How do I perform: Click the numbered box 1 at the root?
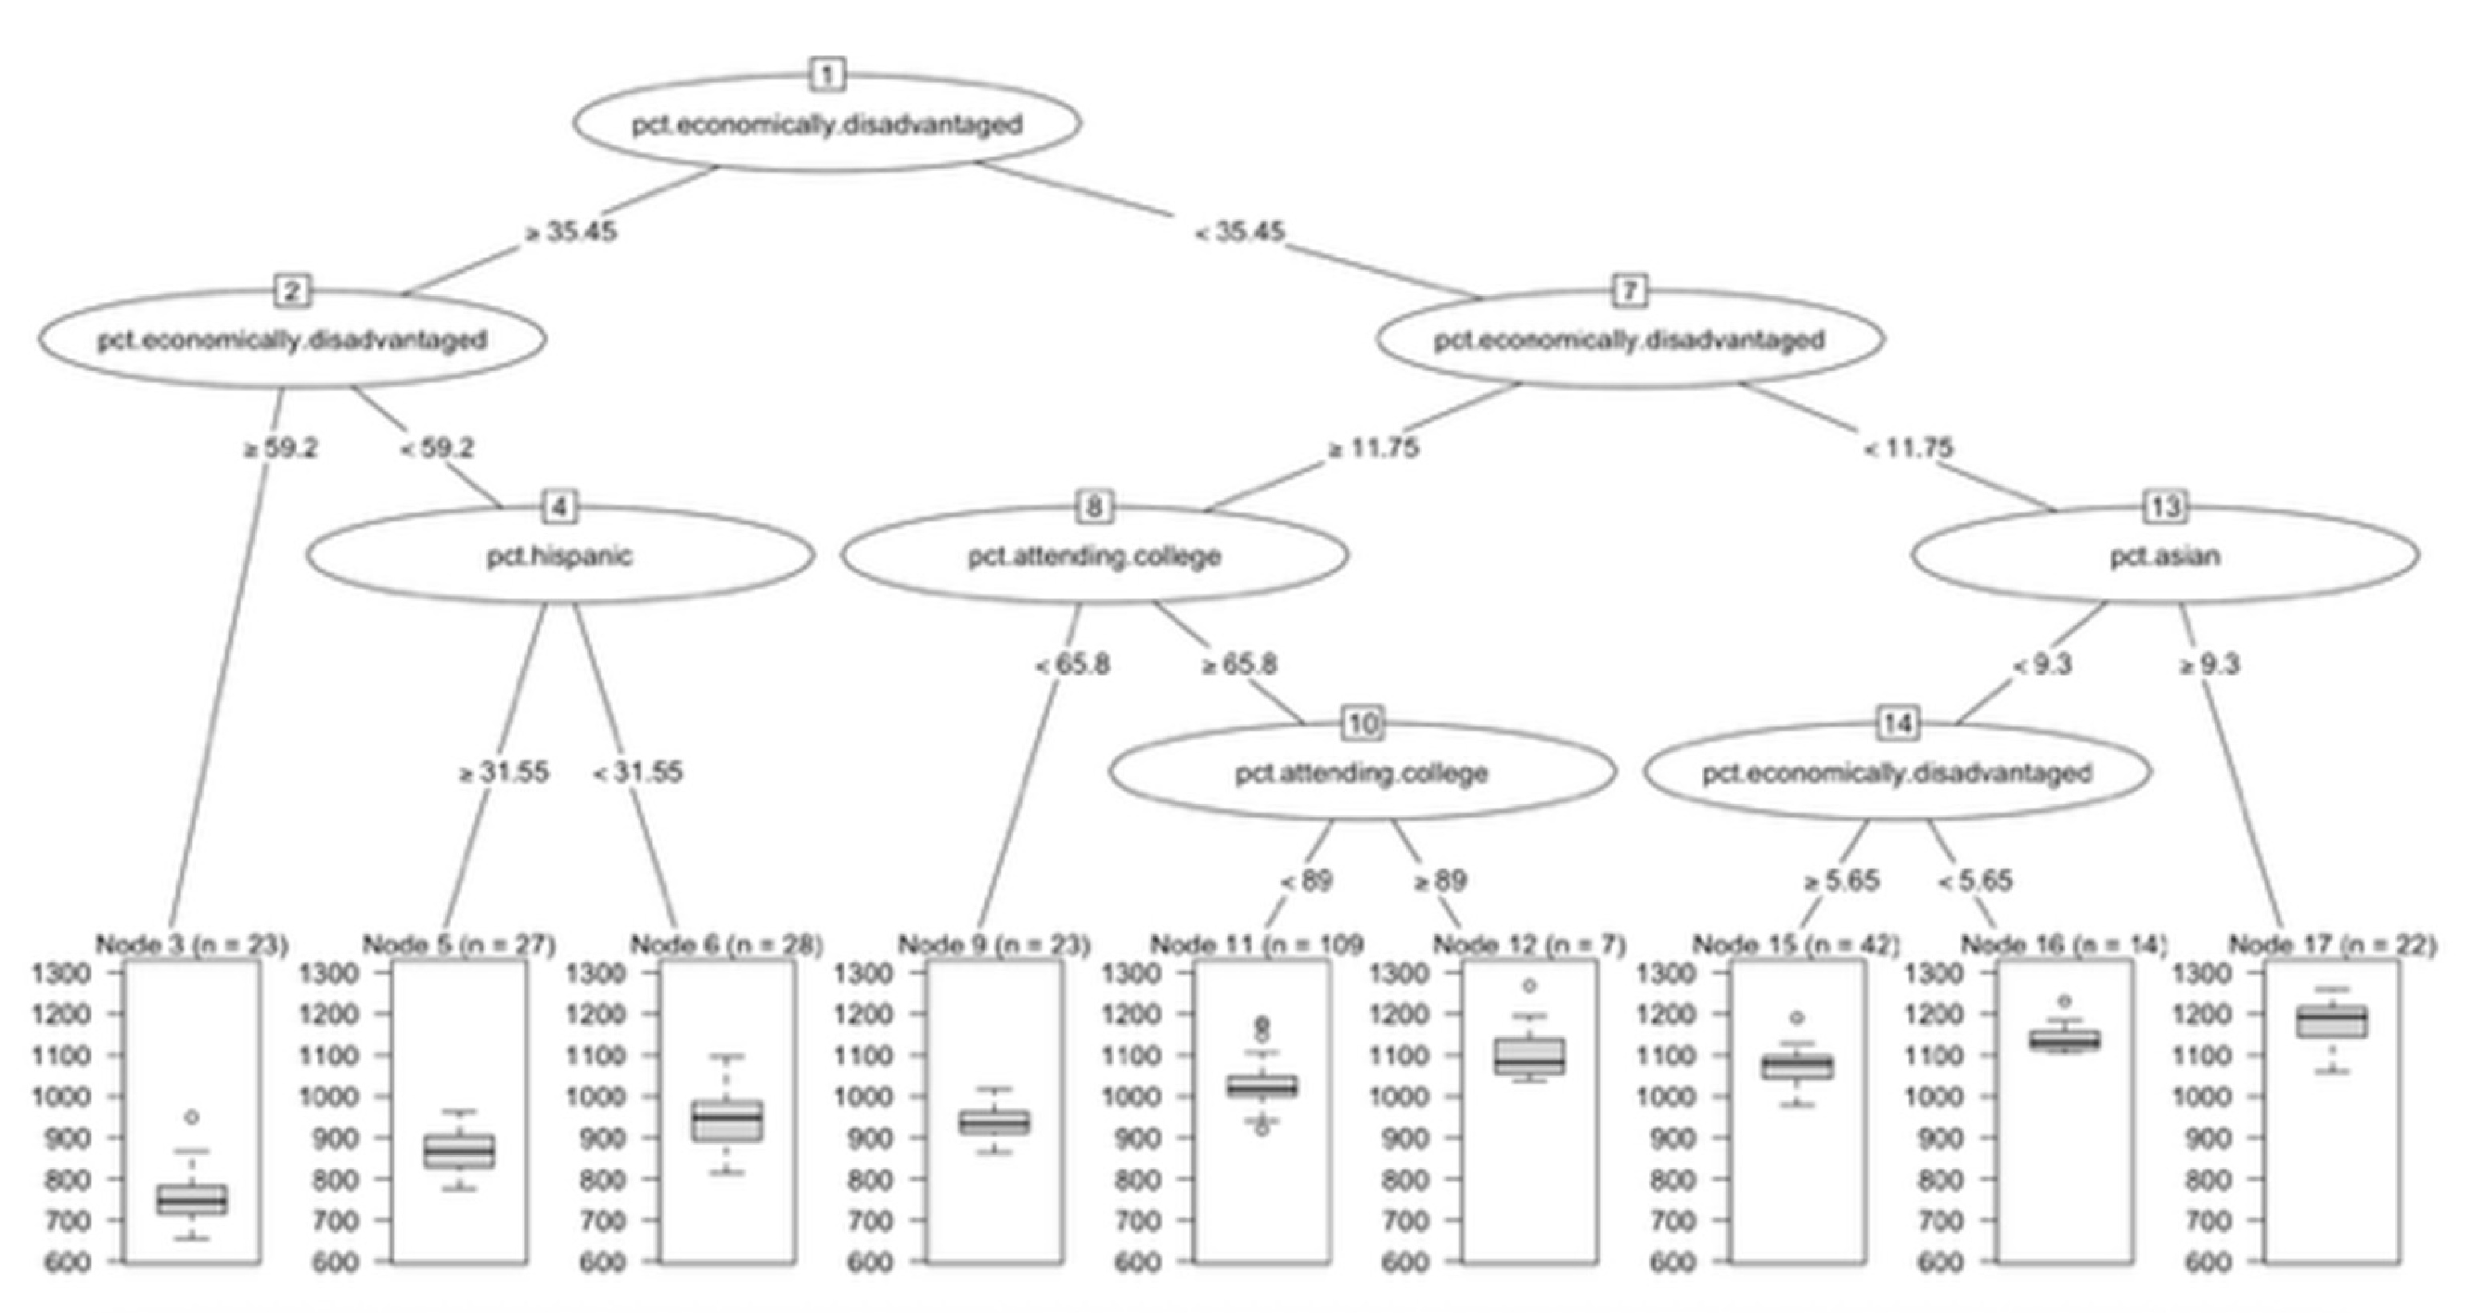pos(827,75)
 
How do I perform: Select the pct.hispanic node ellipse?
pos(560,556)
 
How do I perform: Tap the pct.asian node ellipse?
pos(2165,556)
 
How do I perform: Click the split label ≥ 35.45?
pos(570,232)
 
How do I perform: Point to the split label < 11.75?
pos(1908,448)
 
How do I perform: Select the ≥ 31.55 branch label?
pos(504,772)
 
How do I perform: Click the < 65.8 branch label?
pos(1072,664)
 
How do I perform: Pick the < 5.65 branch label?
pos(1974,881)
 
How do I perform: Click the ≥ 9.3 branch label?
pos(2208,664)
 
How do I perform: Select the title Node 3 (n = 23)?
pos(192,945)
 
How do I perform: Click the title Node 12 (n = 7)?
pos(1529,945)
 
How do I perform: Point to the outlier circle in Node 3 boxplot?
pos(192,1117)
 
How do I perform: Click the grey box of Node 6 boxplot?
pos(727,1121)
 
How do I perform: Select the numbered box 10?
pos(1363,723)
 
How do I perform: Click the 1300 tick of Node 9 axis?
pos(868,973)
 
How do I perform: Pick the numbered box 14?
pos(1897,723)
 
